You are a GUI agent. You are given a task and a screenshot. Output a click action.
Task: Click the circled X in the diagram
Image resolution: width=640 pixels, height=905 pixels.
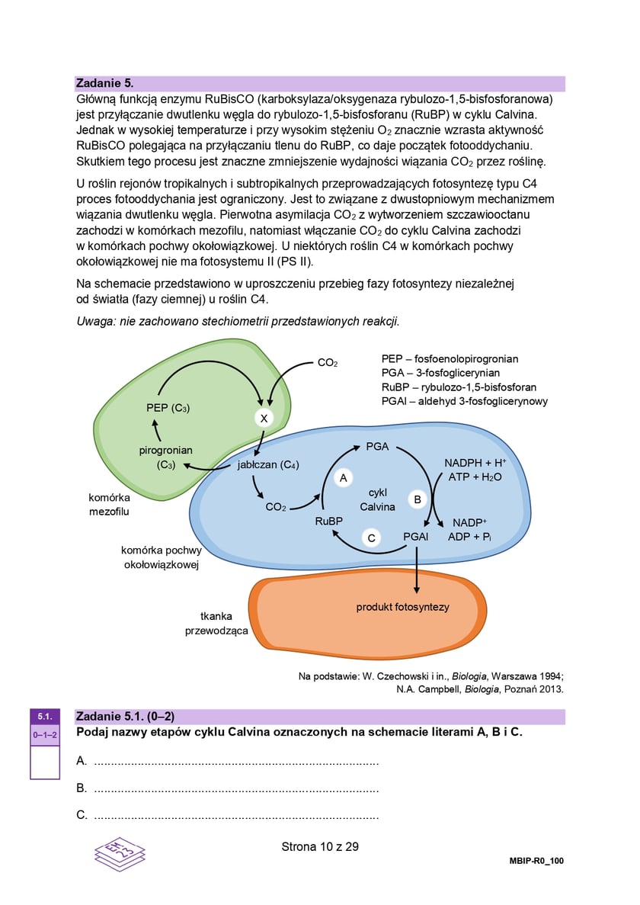click(263, 418)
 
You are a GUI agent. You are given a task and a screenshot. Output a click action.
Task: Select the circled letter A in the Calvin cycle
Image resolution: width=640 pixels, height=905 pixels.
click(344, 478)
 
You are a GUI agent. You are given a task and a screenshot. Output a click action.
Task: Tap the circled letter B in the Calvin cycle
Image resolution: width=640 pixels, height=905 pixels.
click(418, 499)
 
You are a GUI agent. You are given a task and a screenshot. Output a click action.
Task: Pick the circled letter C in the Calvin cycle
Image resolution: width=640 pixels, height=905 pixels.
click(371, 538)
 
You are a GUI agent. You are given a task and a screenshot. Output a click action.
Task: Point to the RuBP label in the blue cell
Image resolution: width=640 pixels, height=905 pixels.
click(329, 521)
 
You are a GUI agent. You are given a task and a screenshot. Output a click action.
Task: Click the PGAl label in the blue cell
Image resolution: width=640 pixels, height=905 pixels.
click(416, 537)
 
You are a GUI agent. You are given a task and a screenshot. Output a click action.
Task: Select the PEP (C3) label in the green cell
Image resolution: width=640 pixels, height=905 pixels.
click(168, 408)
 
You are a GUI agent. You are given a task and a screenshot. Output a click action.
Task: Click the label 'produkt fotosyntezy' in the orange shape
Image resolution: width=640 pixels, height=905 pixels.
click(403, 607)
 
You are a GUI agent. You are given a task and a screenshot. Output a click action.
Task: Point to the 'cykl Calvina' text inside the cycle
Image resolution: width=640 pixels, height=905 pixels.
click(378, 499)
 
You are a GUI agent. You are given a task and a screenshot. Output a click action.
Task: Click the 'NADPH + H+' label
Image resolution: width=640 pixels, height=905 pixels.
click(475, 463)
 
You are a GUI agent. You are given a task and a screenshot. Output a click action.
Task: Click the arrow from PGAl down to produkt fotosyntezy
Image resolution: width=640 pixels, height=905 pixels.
click(417, 568)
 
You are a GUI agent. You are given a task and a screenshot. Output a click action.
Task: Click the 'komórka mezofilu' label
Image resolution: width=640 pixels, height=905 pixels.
click(109, 504)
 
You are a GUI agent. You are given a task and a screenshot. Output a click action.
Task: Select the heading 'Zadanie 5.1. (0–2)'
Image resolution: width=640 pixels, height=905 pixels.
click(126, 717)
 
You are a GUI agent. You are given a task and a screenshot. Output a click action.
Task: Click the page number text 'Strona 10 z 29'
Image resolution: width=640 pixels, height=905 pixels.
click(320, 846)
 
